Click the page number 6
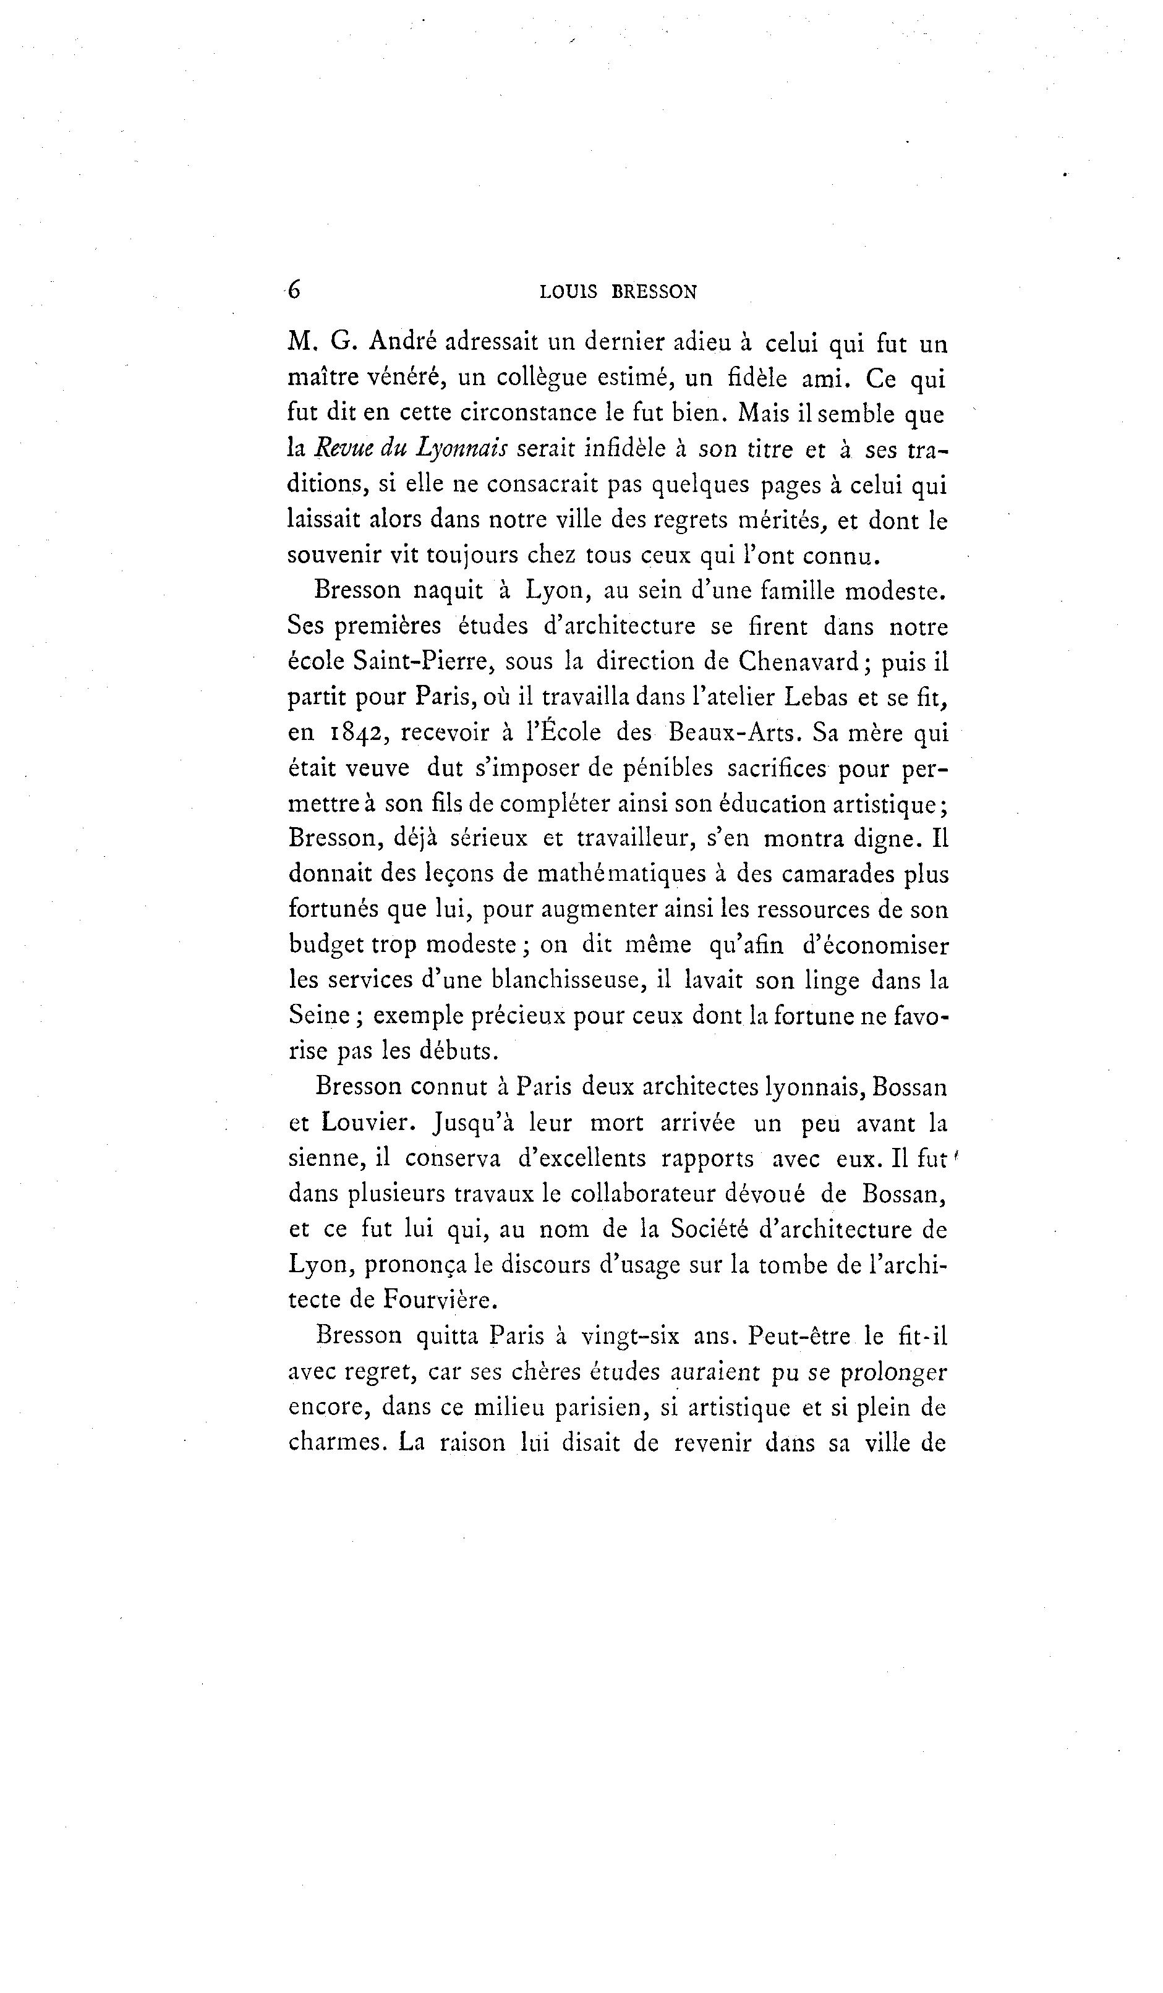click(294, 291)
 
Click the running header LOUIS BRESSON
click(618, 292)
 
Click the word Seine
click(320, 1016)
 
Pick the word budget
click(326, 946)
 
